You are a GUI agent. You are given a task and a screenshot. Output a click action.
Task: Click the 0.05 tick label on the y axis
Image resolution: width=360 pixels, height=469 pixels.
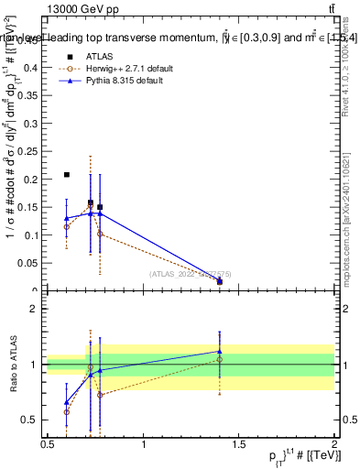(33, 264)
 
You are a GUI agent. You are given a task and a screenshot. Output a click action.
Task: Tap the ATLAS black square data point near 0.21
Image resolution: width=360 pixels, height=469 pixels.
(67, 174)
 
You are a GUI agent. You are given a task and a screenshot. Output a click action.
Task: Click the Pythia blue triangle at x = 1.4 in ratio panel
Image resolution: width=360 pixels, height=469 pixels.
(220, 351)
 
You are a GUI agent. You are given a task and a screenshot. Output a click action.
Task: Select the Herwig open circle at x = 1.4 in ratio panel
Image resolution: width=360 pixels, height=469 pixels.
(220, 359)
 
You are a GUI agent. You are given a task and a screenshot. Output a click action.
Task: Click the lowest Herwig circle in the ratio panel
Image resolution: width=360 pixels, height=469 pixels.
(67, 412)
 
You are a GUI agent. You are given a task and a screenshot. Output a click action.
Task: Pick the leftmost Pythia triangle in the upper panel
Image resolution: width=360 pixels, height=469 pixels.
(67, 218)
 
